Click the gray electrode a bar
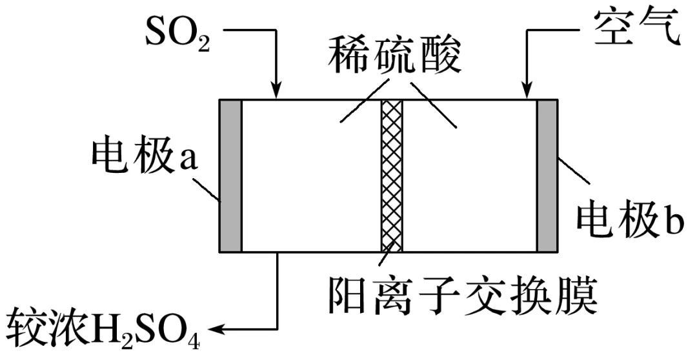tap(230, 175)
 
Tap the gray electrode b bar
tap(547, 175)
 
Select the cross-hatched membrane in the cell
tap(391, 175)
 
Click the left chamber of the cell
tap(310, 187)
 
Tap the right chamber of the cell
tap(471, 187)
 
